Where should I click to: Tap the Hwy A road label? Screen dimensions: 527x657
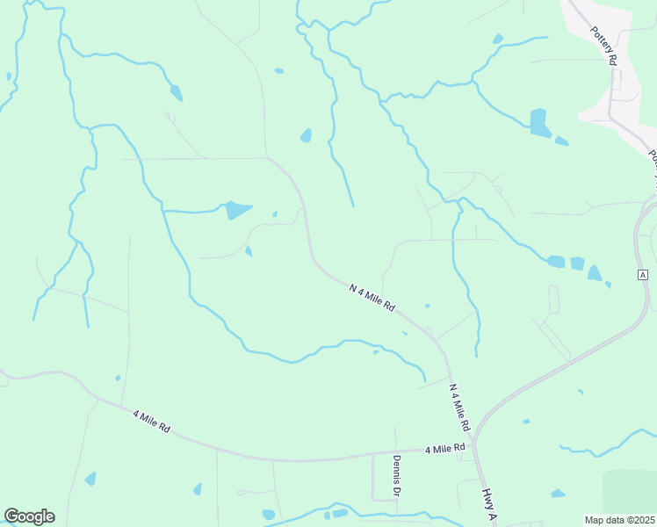tap(488, 505)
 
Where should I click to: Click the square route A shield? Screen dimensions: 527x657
tap(643, 275)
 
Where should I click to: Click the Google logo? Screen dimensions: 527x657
tap(29, 516)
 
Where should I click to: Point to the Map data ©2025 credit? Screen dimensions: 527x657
tap(619, 520)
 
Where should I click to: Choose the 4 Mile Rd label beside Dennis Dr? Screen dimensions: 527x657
tap(444, 449)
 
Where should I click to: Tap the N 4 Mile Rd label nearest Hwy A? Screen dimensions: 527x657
tap(459, 407)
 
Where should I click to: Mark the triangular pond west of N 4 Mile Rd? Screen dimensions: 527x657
tap(236, 210)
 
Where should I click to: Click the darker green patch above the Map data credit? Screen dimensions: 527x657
tap(630, 489)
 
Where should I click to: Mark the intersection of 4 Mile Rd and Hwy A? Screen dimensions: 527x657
tap(475, 444)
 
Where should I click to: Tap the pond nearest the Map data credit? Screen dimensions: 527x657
tap(558, 494)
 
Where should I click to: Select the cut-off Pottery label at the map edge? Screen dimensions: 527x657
tap(653, 163)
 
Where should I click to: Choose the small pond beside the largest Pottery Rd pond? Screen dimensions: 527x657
tap(561, 140)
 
